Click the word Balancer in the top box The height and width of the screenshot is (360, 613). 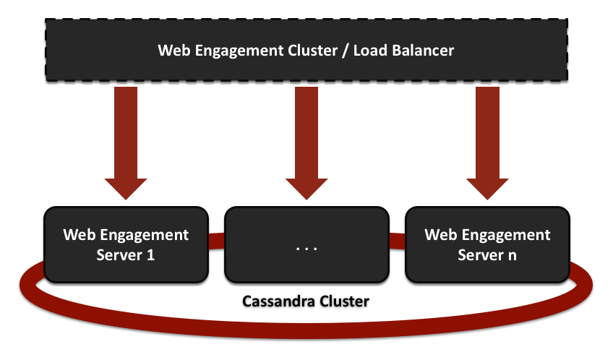(x=422, y=51)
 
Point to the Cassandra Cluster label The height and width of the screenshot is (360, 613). (x=306, y=300)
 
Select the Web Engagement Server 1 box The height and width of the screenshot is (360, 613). (x=126, y=244)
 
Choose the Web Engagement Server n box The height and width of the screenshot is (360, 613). (x=486, y=244)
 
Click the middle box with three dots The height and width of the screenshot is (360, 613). (x=306, y=244)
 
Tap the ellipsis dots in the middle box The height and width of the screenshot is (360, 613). (x=306, y=248)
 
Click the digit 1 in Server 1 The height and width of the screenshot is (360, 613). (x=150, y=255)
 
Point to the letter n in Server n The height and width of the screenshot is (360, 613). (x=512, y=255)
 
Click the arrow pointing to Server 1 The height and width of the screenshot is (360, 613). (x=126, y=137)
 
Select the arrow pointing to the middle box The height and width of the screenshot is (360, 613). (x=306, y=137)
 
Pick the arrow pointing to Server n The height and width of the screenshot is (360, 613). (x=486, y=137)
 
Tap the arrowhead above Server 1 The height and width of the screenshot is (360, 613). (x=126, y=186)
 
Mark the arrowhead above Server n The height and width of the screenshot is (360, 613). (x=486, y=186)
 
